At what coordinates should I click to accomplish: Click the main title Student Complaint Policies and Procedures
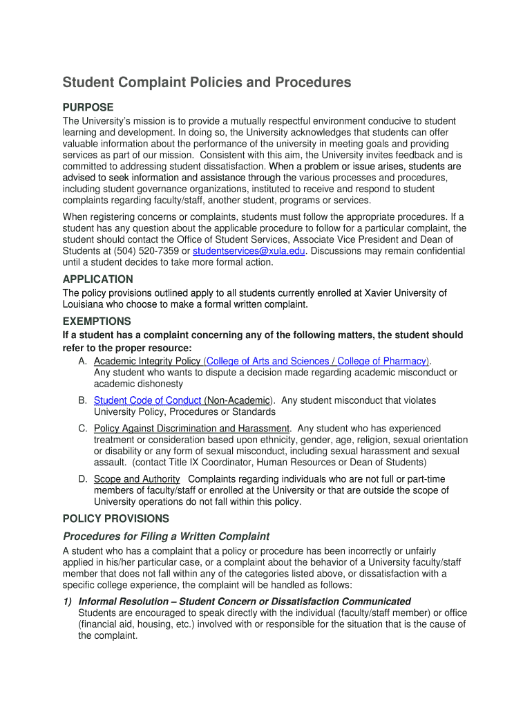coord(207,83)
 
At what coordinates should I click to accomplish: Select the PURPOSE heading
coord(88,107)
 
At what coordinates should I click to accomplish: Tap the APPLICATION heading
coord(97,279)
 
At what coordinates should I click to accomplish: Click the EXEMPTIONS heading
coord(97,322)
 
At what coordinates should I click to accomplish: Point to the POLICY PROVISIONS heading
coord(115,519)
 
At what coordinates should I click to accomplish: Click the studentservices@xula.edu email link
coord(249,251)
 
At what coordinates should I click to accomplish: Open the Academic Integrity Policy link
coord(147,361)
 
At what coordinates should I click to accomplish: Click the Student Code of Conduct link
coord(147,400)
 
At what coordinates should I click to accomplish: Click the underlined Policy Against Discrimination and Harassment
coord(191,428)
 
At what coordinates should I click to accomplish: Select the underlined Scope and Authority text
coord(137,479)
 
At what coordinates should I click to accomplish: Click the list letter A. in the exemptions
coord(82,361)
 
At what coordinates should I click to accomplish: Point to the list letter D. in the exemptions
coord(82,479)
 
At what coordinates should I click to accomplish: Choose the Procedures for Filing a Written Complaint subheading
coord(166,537)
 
